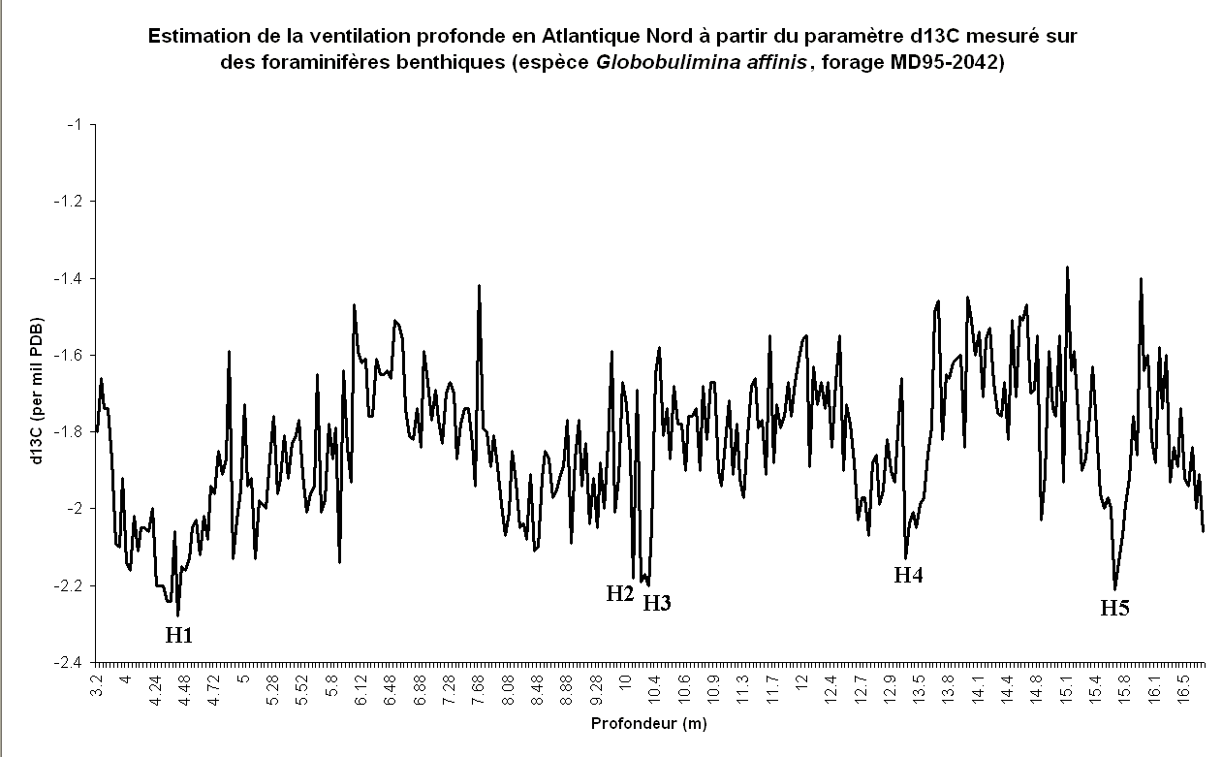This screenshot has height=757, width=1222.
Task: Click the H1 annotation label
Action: tap(179, 636)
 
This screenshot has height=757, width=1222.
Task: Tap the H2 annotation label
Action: tap(620, 594)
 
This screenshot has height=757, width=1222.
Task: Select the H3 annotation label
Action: tap(657, 603)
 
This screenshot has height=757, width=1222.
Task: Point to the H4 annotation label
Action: tap(908, 575)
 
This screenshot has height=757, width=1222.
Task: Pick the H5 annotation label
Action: tap(1114, 609)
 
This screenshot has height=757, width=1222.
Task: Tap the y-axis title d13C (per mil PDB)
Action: tap(37, 391)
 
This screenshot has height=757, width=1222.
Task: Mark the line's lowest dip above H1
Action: tap(177, 615)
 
